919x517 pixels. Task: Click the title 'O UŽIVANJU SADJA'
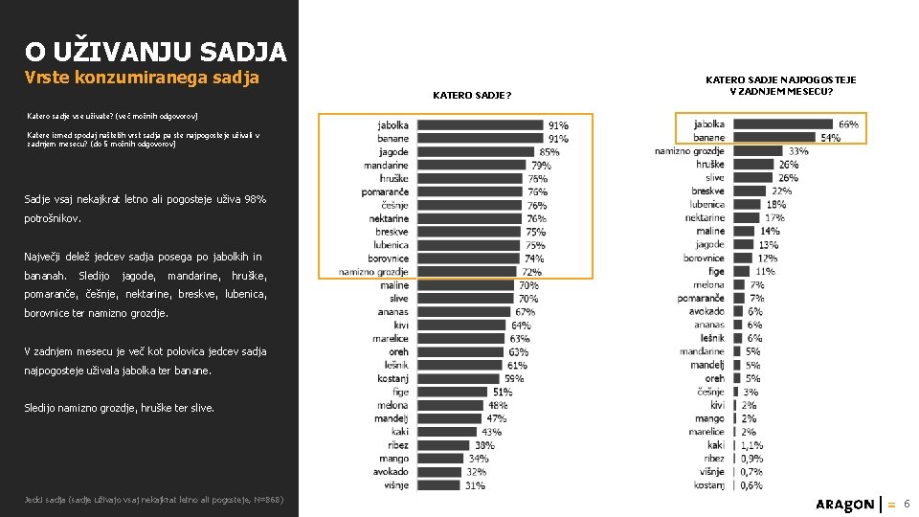coord(155,50)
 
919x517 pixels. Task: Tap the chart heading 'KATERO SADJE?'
coord(472,96)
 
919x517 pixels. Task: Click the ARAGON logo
coord(844,504)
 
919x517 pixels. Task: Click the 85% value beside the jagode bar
coord(549,152)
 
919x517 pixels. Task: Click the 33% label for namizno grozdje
coord(798,151)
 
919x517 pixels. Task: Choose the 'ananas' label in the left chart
coord(392,312)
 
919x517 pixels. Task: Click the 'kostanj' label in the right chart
coord(708,485)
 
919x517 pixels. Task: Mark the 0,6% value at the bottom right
coord(751,485)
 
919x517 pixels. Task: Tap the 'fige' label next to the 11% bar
coord(716,272)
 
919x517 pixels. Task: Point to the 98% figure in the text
coord(256,199)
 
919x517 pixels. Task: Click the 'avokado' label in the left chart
coord(390,472)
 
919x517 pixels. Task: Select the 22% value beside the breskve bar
coord(782,191)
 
